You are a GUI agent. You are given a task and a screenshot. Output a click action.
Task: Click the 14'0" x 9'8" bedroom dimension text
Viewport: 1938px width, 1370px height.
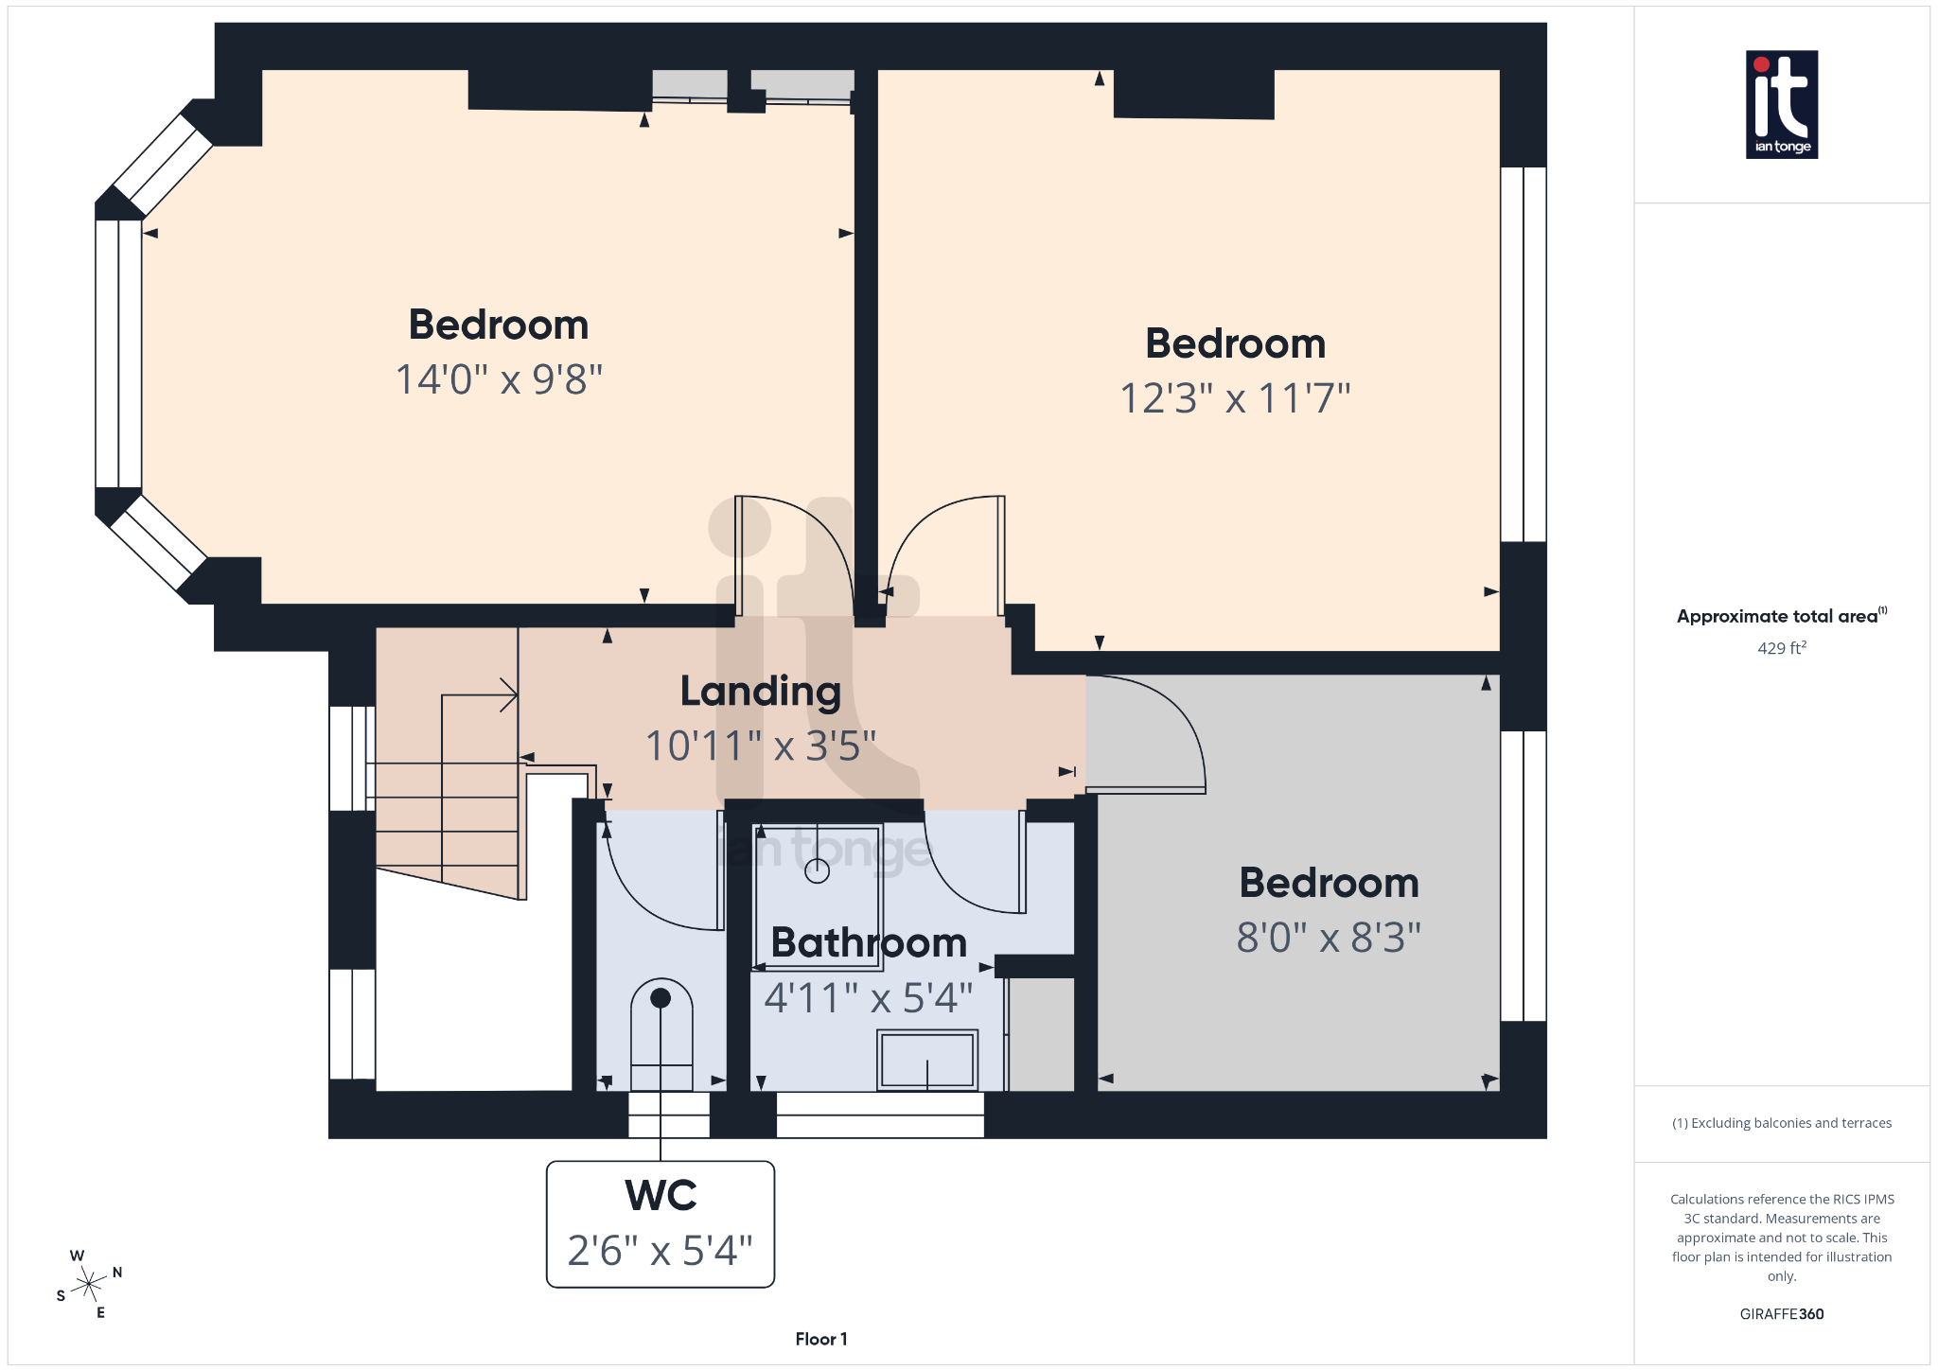[x=499, y=380]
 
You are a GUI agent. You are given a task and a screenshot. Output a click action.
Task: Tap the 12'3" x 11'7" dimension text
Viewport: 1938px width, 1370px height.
[x=1235, y=398]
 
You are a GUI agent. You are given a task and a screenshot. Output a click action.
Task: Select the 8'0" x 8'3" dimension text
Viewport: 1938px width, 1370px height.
[x=1329, y=938]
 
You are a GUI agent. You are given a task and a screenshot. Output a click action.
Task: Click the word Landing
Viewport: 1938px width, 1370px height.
[x=760, y=692]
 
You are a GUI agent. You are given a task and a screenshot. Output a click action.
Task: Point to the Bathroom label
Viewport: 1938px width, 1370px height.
[x=869, y=942]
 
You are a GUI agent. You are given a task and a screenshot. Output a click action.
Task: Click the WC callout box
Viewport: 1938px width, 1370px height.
[x=661, y=1223]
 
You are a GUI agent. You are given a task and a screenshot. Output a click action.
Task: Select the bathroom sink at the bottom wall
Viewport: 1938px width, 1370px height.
[x=927, y=1060]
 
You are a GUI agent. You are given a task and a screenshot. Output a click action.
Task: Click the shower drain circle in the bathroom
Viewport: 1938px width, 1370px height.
[x=817, y=871]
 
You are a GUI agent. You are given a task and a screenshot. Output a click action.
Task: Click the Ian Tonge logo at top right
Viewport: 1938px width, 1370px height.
[x=1781, y=104]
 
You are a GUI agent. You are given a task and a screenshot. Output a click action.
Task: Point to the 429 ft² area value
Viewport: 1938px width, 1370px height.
[x=1781, y=648]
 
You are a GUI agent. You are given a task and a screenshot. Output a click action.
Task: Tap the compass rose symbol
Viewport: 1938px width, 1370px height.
[x=89, y=1284]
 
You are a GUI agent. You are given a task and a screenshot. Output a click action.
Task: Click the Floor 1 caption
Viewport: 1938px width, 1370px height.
[x=820, y=1339]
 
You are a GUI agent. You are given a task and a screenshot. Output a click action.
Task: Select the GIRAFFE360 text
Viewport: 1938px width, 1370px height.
[x=1781, y=1314]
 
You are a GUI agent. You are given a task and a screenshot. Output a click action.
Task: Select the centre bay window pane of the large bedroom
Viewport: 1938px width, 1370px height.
[x=119, y=354]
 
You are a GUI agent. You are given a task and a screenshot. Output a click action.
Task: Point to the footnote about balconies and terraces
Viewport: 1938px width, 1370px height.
[x=1781, y=1123]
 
